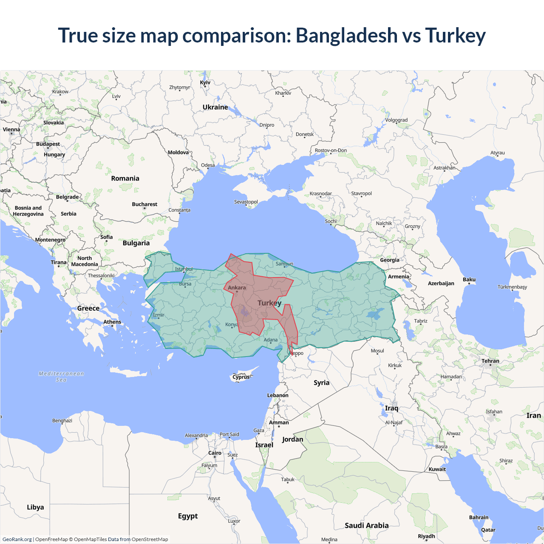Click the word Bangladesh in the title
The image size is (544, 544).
pyautogui.click(x=346, y=35)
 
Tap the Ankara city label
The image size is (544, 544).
pyautogui.click(x=237, y=288)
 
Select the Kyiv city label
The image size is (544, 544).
pyautogui.click(x=205, y=82)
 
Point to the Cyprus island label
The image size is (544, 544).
pyautogui.click(x=241, y=377)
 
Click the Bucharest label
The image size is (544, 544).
pyautogui.click(x=144, y=204)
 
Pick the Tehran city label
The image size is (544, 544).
pyautogui.click(x=490, y=361)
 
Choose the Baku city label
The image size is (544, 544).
pyautogui.click(x=469, y=280)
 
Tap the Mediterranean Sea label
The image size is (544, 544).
pyautogui.click(x=61, y=377)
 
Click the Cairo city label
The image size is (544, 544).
pyautogui.click(x=215, y=453)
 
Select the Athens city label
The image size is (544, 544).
pyautogui.click(x=112, y=322)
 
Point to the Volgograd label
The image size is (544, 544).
pyautogui.click(x=396, y=120)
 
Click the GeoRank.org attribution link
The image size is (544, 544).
pyautogui.click(x=17, y=539)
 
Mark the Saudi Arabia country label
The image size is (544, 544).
pyautogui.click(x=366, y=526)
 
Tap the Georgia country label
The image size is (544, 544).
pyautogui.click(x=389, y=260)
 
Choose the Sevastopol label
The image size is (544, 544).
pyautogui.click(x=246, y=202)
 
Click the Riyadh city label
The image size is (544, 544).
pyautogui.click(x=426, y=536)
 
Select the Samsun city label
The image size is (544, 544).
pyautogui.click(x=284, y=264)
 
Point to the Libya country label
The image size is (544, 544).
pyautogui.click(x=35, y=507)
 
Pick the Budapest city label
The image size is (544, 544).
pyautogui.click(x=48, y=144)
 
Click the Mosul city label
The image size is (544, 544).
pyautogui.click(x=377, y=351)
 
